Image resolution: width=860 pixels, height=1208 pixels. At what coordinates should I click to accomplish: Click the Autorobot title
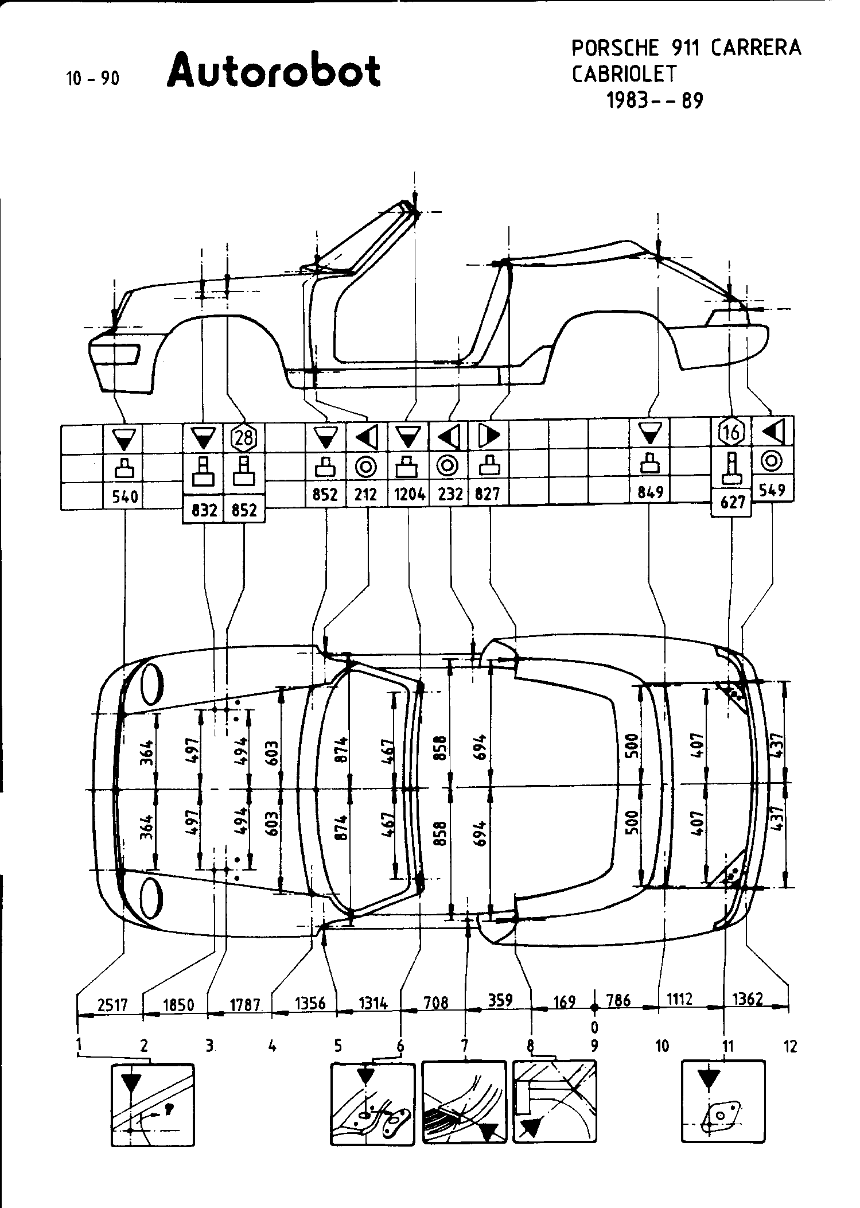click(x=274, y=71)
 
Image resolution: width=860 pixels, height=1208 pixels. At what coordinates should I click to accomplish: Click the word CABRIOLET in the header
click(x=624, y=74)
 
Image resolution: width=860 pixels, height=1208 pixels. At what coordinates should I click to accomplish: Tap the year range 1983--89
click(x=655, y=101)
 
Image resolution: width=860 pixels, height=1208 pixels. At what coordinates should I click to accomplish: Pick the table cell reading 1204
click(x=409, y=494)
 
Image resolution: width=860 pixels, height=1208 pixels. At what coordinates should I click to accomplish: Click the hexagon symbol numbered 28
click(x=244, y=438)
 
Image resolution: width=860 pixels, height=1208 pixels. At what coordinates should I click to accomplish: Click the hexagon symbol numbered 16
click(x=731, y=432)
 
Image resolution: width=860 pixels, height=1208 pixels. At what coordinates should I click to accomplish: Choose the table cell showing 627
click(x=732, y=503)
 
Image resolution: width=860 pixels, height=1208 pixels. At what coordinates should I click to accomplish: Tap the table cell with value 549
click(x=772, y=490)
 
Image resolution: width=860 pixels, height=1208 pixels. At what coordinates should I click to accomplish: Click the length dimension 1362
click(x=748, y=999)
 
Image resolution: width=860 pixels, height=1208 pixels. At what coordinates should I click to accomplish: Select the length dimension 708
click(x=436, y=1002)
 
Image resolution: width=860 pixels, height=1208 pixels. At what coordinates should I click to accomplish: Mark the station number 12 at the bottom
click(x=790, y=1046)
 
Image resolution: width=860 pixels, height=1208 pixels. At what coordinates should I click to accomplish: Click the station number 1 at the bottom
click(x=78, y=1046)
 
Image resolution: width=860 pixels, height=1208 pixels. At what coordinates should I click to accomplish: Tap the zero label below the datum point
click(x=595, y=1026)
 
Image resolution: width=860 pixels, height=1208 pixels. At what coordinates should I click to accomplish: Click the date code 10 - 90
click(x=93, y=79)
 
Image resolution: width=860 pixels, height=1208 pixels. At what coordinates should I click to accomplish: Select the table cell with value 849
click(x=650, y=492)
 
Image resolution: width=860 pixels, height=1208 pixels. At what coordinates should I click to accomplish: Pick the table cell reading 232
click(x=450, y=494)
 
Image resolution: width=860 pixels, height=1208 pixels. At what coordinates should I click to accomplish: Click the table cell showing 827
click(x=488, y=494)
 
